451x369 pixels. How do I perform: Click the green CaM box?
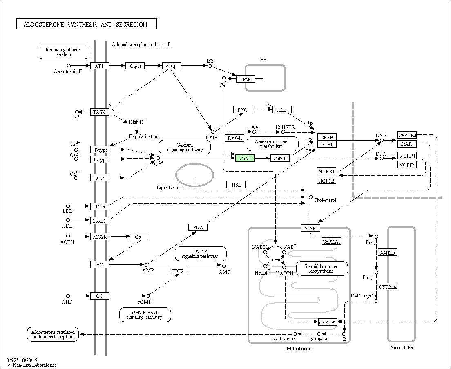pyautogui.click(x=245, y=158)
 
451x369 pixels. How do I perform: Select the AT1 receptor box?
pyautogui.click(x=100, y=66)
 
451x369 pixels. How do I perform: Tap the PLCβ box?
pyautogui.click(x=172, y=66)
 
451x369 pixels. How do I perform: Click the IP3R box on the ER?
pyautogui.click(x=246, y=79)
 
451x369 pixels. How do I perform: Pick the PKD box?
pyautogui.click(x=282, y=110)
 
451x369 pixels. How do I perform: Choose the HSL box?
pyautogui.click(x=236, y=185)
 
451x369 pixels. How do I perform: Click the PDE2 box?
pyautogui.click(x=177, y=271)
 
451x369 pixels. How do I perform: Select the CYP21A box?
pyautogui.click(x=387, y=287)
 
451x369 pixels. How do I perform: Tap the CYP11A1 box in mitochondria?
pyautogui.click(x=331, y=242)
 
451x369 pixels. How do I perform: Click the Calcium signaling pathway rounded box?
pyautogui.click(x=185, y=147)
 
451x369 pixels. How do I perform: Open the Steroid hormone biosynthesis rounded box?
pyautogui.click(x=322, y=268)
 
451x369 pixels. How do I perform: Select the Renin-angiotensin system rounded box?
pyautogui.click(x=64, y=52)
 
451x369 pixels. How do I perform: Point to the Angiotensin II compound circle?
pyautogui.click(x=69, y=66)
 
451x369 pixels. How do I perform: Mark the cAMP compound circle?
pyautogui.click(x=146, y=265)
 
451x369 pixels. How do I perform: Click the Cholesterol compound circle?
pyautogui.click(x=310, y=197)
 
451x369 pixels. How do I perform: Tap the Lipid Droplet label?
pyautogui.click(x=170, y=188)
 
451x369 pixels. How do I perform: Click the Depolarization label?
pyautogui.click(x=143, y=136)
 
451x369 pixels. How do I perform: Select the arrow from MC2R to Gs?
pyautogui.click(x=120, y=237)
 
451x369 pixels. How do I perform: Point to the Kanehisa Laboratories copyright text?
pyautogui.click(x=31, y=365)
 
